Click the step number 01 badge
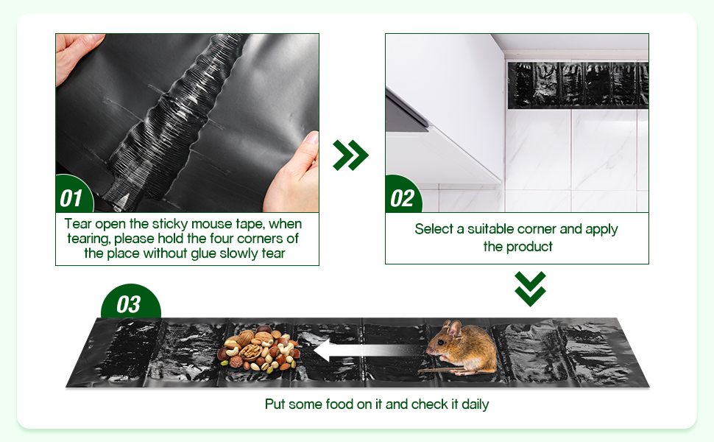pos(74,195)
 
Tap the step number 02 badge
pos(403,196)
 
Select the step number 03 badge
pos(131,303)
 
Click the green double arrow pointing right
pos(350,155)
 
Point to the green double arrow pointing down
pos(530,289)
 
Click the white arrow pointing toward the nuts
pos(367,350)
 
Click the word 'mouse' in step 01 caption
pos(212,224)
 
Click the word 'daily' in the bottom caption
pos(476,404)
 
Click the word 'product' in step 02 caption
pos(529,247)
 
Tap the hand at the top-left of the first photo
pos(75,54)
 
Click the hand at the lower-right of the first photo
pos(294,175)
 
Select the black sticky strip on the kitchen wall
pos(578,85)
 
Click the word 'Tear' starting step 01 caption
pos(78,224)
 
